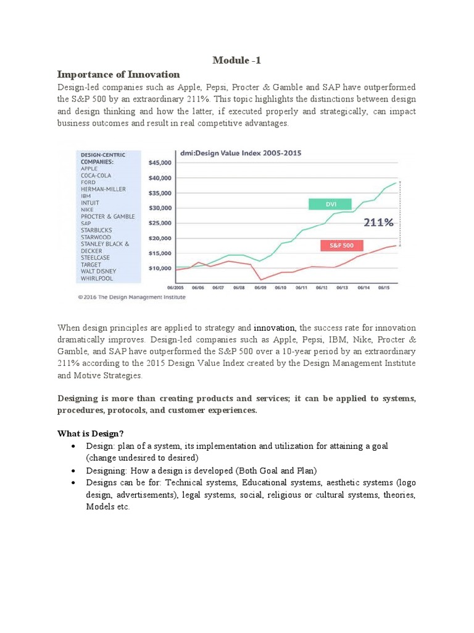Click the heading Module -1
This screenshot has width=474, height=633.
[x=236, y=60]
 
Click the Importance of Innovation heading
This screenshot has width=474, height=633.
[x=118, y=74]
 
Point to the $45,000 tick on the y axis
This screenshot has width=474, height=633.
[x=160, y=163]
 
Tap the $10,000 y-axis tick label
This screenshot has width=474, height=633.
[x=160, y=268]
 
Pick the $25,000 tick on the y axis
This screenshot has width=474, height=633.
[x=160, y=223]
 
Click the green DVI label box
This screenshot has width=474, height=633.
[x=330, y=204]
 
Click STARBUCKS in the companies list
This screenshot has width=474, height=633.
[x=97, y=230]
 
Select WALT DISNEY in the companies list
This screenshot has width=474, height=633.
[x=99, y=271]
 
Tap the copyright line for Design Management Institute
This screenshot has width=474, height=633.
[x=131, y=297]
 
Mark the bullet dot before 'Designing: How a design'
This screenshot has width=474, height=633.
[x=74, y=470]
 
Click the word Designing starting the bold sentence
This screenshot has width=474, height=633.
[x=80, y=399]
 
